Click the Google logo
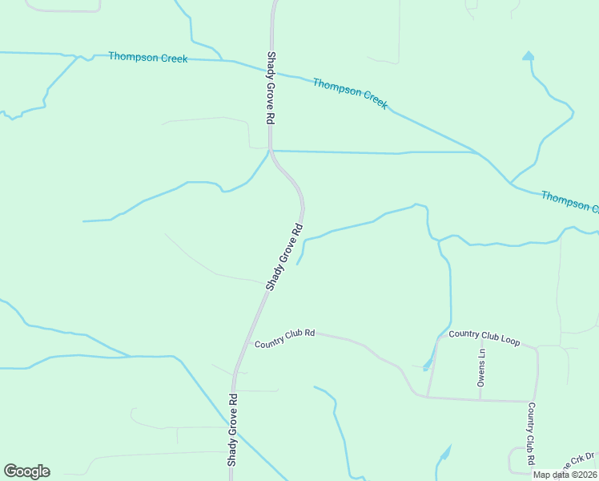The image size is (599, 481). [x=26, y=471]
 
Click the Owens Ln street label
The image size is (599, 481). [x=481, y=368]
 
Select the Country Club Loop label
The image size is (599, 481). [x=484, y=337]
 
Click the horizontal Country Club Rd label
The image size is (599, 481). [x=285, y=338]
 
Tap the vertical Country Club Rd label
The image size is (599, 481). [x=530, y=434]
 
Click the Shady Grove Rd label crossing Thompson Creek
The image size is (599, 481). [x=271, y=88]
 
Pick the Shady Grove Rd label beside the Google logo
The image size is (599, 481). [x=232, y=430]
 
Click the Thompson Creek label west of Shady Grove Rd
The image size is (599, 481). [x=148, y=58]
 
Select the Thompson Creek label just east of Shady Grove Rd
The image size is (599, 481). [x=350, y=93]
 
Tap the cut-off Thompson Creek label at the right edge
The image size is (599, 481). [x=569, y=201]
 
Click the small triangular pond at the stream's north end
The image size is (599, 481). [x=528, y=56]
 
